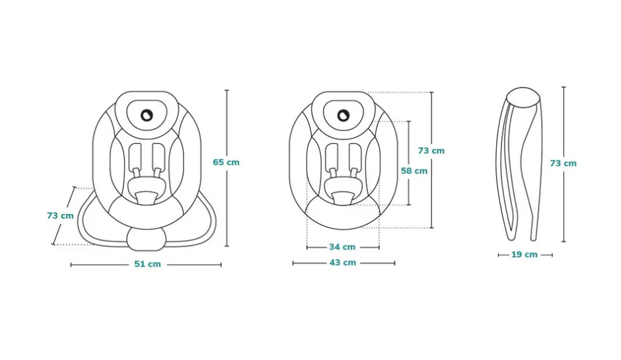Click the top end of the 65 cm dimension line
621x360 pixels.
pyautogui.click(x=227, y=90)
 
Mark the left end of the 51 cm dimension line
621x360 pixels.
pyautogui.click(x=71, y=265)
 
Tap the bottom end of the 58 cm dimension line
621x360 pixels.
pyautogui.click(x=409, y=205)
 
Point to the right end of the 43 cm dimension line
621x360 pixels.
pyautogui.click(x=395, y=263)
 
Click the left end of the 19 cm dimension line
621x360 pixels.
pyautogui.click(x=499, y=255)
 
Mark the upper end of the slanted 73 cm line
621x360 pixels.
pyautogui.click(x=74, y=187)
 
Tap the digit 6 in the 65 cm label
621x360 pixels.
pyautogui.click(x=216, y=162)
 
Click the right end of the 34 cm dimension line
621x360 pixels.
pyautogui.click(x=379, y=248)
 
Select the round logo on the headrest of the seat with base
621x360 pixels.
pyautogui.click(x=147, y=115)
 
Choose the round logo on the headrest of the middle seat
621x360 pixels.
pyautogui.click(x=343, y=116)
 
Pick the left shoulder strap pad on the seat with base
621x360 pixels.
pyautogui.click(x=135, y=156)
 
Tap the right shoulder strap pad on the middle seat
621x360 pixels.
pyautogui.click(x=355, y=156)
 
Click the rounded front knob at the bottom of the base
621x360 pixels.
pyautogui.click(x=147, y=239)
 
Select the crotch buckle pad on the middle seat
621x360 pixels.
pyautogui.click(x=343, y=198)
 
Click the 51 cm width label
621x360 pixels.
pyautogui.click(x=147, y=264)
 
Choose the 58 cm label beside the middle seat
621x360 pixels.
pyautogui.click(x=414, y=170)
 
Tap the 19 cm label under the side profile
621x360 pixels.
pyautogui.click(x=525, y=254)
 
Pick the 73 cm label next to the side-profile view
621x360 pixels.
pyautogui.click(x=563, y=163)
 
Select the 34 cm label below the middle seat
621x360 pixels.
pyautogui.click(x=342, y=247)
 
